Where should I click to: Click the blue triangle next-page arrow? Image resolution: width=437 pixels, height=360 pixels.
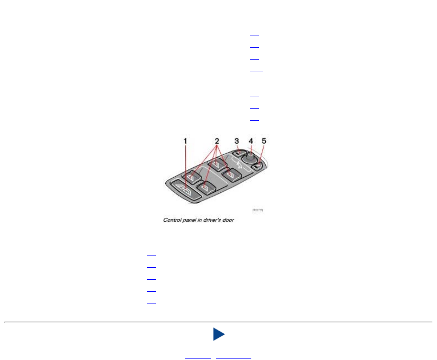tap(218, 335)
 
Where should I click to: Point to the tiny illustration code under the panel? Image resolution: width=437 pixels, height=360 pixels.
tap(257, 210)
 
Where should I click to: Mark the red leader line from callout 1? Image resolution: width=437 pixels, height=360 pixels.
tap(186, 166)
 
